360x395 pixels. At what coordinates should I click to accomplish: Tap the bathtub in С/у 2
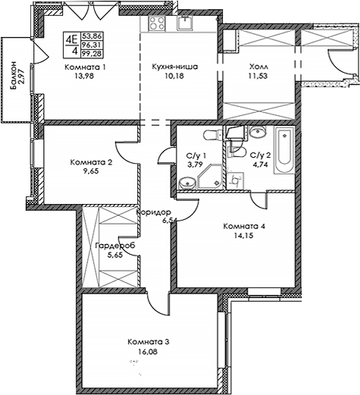pyautogui.click(x=285, y=151)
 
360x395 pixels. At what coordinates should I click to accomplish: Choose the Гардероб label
pyautogui.click(x=114, y=246)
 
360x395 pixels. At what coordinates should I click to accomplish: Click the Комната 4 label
pyautogui.click(x=243, y=226)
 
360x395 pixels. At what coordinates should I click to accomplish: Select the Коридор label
pyautogui.click(x=155, y=213)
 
